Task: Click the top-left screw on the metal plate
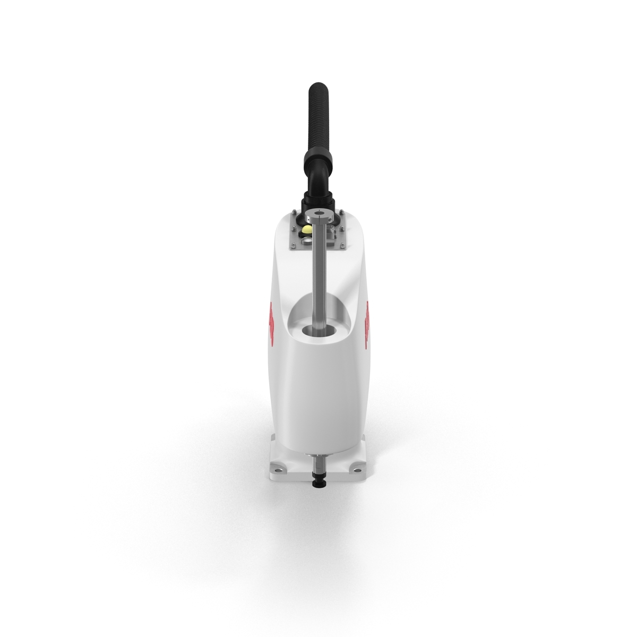(292, 213)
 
